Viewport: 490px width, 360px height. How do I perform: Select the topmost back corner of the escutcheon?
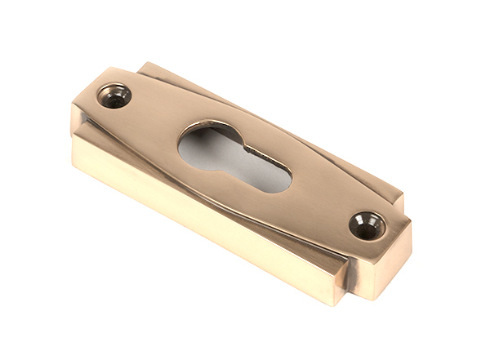(147, 64)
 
